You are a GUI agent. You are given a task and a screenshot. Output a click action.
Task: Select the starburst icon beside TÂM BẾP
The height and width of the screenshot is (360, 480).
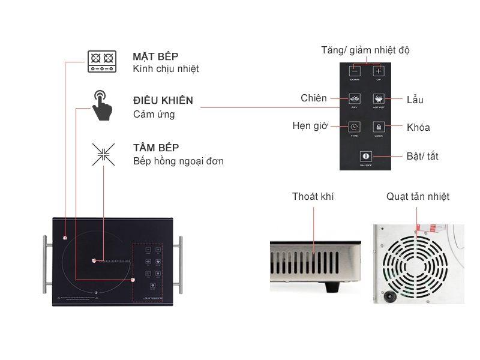coord(103,153)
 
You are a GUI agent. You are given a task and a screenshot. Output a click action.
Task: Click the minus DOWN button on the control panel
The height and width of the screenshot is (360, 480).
coord(355,70)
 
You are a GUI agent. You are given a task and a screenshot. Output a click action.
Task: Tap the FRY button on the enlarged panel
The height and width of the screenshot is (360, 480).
coord(355,98)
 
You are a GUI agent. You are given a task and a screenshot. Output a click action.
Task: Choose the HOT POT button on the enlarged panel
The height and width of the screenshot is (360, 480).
coord(379,98)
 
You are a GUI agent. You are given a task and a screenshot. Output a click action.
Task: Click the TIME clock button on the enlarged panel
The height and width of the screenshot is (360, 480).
coord(355,127)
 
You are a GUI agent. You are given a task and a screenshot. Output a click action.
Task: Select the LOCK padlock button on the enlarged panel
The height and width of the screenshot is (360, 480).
coord(379,127)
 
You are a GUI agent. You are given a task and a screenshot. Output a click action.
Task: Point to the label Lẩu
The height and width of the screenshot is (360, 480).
coord(415,99)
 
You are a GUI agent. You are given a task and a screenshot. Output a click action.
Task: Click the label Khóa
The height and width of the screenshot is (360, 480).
coord(418,127)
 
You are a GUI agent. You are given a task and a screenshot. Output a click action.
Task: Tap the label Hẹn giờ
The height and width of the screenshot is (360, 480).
coord(310,126)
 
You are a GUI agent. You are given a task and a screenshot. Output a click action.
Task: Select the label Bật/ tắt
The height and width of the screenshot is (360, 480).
coord(422,156)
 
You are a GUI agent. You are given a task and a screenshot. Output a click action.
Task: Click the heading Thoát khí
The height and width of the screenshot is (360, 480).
coord(313,196)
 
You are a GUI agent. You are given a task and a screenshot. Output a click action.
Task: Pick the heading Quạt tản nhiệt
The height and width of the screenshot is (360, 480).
coord(418,196)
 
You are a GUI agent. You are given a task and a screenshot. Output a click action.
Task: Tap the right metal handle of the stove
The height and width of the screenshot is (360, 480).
coord(179,265)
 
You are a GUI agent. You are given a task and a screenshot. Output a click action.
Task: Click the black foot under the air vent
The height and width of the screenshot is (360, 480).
coord(332,287)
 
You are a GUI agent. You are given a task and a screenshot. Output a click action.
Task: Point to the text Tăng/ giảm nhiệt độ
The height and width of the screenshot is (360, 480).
coord(365,50)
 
